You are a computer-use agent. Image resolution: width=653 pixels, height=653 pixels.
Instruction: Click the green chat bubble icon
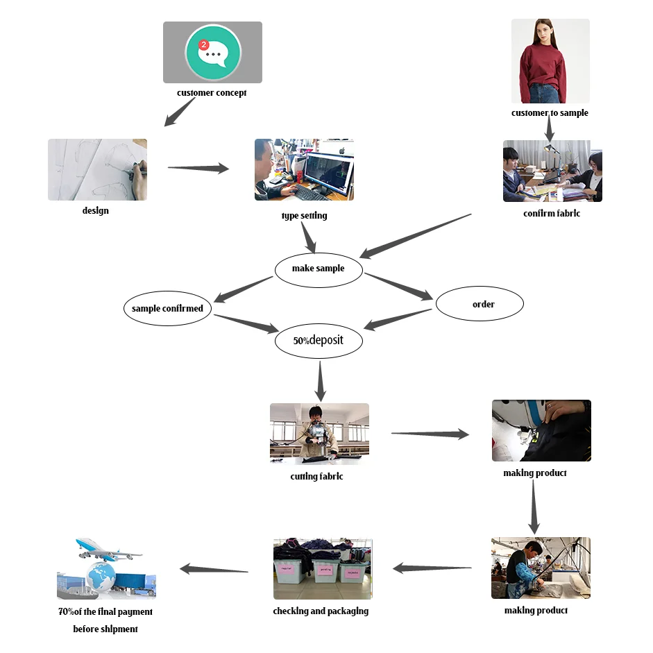[x=213, y=53]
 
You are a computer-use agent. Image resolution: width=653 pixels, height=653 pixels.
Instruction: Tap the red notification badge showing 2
[x=204, y=45]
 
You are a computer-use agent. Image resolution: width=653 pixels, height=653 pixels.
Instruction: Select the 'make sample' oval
[x=319, y=269]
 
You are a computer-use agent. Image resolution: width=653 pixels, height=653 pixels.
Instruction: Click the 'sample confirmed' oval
[x=167, y=308]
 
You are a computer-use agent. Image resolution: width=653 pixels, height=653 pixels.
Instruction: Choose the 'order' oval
[x=480, y=304]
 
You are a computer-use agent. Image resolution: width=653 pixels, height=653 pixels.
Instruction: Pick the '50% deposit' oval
[x=319, y=341]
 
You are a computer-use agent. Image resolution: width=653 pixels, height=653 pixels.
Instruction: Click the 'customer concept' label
[x=212, y=93]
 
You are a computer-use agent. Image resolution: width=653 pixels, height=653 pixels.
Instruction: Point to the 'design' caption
[x=96, y=211]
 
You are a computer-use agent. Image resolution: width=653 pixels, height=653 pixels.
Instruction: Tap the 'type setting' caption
[x=304, y=216]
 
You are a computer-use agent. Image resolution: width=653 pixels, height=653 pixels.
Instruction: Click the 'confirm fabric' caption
[x=552, y=214]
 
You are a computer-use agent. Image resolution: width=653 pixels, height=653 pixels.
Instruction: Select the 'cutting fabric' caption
[x=316, y=477]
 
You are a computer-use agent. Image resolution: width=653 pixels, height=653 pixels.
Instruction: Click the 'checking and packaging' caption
[x=321, y=611]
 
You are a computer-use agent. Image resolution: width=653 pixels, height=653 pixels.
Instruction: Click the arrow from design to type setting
[x=198, y=168]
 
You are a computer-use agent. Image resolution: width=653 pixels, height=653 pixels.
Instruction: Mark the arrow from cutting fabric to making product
[x=430, y=434]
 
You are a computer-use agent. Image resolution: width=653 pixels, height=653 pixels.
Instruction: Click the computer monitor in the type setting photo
[x=328, y=173]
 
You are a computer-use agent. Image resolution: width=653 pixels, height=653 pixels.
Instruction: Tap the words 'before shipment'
[x=105, y=629]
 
